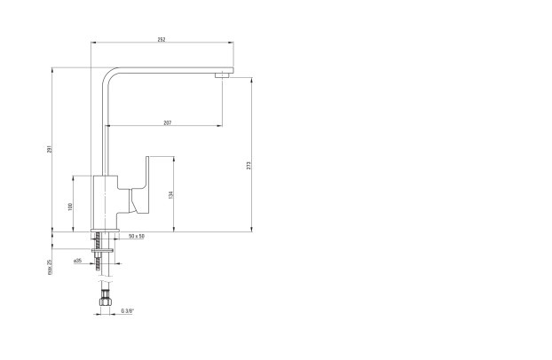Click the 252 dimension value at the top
click(162, 40)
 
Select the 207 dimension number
click(168, 123)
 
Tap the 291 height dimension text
click(50, 149)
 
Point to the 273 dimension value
click(248, 166)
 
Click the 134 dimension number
click(170, 194)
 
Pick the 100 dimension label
click(70, 207)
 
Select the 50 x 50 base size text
click(137, 236)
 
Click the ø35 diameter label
click(78, 261)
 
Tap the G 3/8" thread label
click(128, 310)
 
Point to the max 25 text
click(50, 267)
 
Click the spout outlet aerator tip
click(222, 74)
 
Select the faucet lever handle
click(139, 186)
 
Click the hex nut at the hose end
click(105, 301)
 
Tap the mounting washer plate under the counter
click(102, 251)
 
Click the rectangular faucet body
click(105, 202)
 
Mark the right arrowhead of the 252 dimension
click(231, 43)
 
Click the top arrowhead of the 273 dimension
click(252, 80)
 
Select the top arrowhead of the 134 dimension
click(174, 159)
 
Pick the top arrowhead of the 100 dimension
click(74, 178)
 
